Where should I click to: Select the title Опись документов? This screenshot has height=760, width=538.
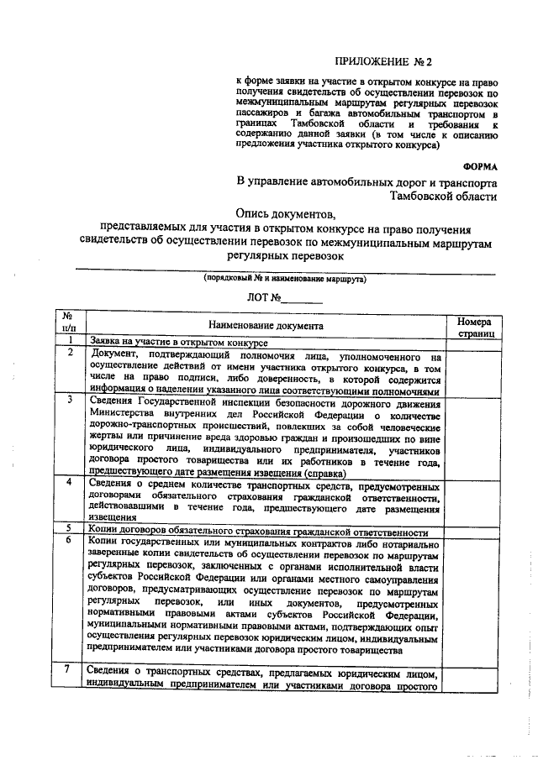[x=286, y=213]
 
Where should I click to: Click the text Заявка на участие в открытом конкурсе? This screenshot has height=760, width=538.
[x=179, y=343]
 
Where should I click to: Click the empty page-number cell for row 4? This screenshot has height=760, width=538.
[x=476, y=502]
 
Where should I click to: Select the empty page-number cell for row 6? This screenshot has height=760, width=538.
[x=476, y=596]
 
